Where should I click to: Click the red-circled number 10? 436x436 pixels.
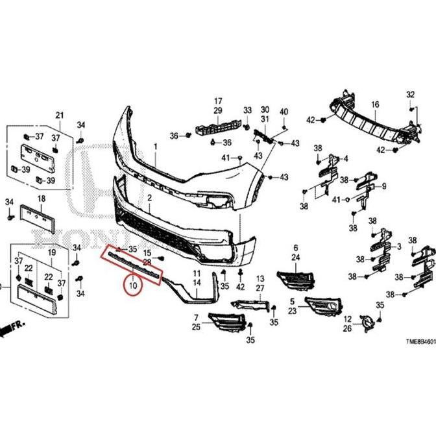133,285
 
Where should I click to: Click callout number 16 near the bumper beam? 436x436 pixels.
375,104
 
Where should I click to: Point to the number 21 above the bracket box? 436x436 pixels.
60,115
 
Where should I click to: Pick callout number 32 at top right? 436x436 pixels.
410,95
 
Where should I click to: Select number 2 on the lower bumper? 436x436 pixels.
149,197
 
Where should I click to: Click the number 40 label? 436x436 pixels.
284,112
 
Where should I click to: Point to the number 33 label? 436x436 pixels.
247,110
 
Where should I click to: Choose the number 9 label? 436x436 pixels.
384,186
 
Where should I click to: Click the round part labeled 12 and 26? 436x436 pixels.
368,321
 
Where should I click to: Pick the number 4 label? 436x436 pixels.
346,158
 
